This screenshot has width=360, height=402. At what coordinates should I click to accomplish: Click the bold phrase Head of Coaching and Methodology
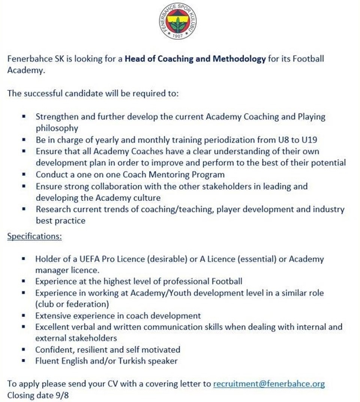click(x=195, y=59)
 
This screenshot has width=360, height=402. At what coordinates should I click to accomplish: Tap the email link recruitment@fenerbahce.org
click(x=269, y=384)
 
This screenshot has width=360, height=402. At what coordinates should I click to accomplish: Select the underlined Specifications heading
click(x=34, y=237)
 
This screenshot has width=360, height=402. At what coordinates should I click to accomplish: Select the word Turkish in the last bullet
click(x=134, y=361)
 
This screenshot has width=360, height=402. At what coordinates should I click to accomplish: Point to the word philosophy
click(x=57, y=128)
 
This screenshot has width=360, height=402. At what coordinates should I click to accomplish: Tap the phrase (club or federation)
click(x=72, y=303)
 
